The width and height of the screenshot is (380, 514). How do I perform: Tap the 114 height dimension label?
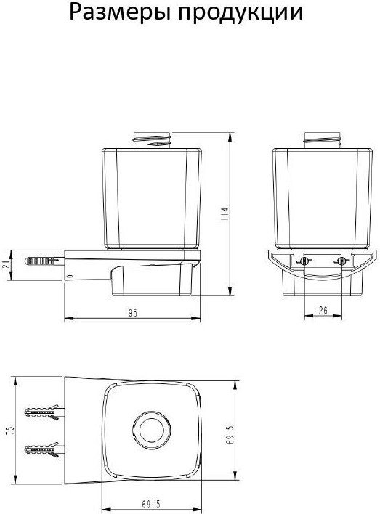pyautogui.click(x=225, y=214)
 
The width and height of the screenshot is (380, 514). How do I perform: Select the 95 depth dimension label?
pyautogui.click(x=132, y=313)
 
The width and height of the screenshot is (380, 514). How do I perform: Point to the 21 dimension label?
pyautogui.click(x=6, y=265)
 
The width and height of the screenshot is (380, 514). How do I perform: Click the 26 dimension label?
pyautogui.click(x=323, y=311)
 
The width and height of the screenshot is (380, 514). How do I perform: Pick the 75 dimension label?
pyautogui.click(x=10, y=431)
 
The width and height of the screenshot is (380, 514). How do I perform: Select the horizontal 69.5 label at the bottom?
pyautogui.click(x=151, y=504)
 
